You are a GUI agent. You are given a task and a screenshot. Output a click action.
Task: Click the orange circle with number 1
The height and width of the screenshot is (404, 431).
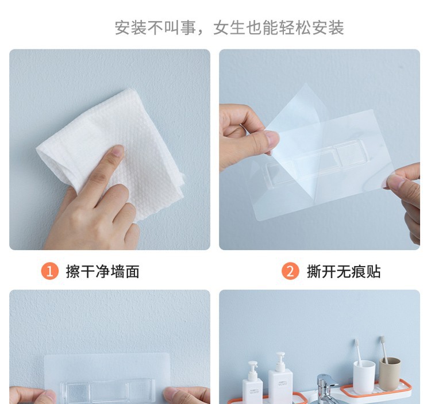(x=50, y=271)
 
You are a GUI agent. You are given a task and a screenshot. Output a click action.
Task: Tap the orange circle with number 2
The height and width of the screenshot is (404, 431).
(x=290, y=271)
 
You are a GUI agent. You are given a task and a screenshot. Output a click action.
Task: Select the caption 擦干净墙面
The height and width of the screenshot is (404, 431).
(x=102, y=271)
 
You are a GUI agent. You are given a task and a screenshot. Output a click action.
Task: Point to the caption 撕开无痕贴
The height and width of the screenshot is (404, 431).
(x=344, y=271)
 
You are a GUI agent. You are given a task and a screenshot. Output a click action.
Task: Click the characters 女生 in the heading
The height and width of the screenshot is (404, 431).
(x=229, y=28)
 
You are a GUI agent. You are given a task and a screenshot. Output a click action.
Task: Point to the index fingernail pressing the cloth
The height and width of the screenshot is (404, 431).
(x=118, y=151)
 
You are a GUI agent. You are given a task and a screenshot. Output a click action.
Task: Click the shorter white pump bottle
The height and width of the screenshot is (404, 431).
(x=252, y=383)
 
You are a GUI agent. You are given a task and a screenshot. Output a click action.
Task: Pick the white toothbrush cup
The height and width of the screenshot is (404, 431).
(x=364, y=377)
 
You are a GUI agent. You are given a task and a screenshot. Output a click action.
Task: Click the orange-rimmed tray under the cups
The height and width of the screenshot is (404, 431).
(x=376, y=390)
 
